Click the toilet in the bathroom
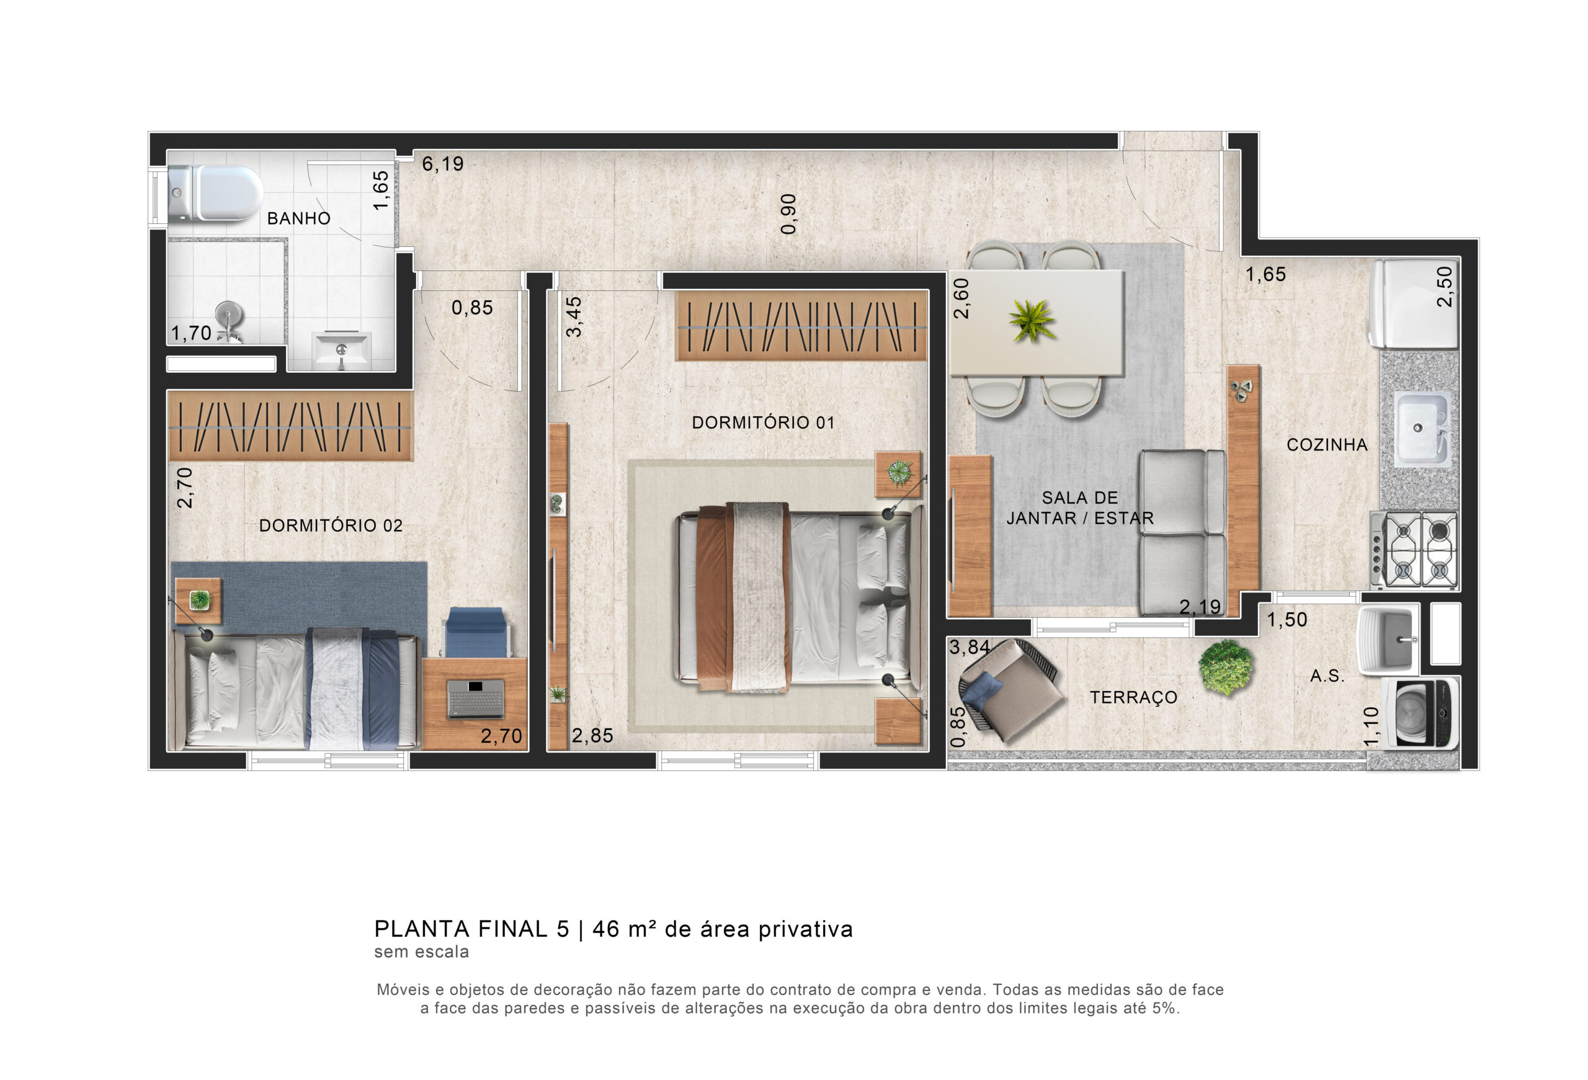(x=215, y=194)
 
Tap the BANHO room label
(x=298, y=218)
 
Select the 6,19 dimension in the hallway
(x=442, y=164)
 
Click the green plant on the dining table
(x=1032, y=320)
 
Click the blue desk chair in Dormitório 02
(x=476, y=632)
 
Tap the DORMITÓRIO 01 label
(x=763, y=423)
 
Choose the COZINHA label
(x=1327, y=445)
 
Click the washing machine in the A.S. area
(x=1421, y=713)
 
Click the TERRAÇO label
(x=1133, y=697)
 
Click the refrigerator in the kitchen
(x=1414, y=303)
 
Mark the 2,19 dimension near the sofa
(x=1200, y=607)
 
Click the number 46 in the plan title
(x=606, y=929)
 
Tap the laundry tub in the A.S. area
(x=1388, y=640)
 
